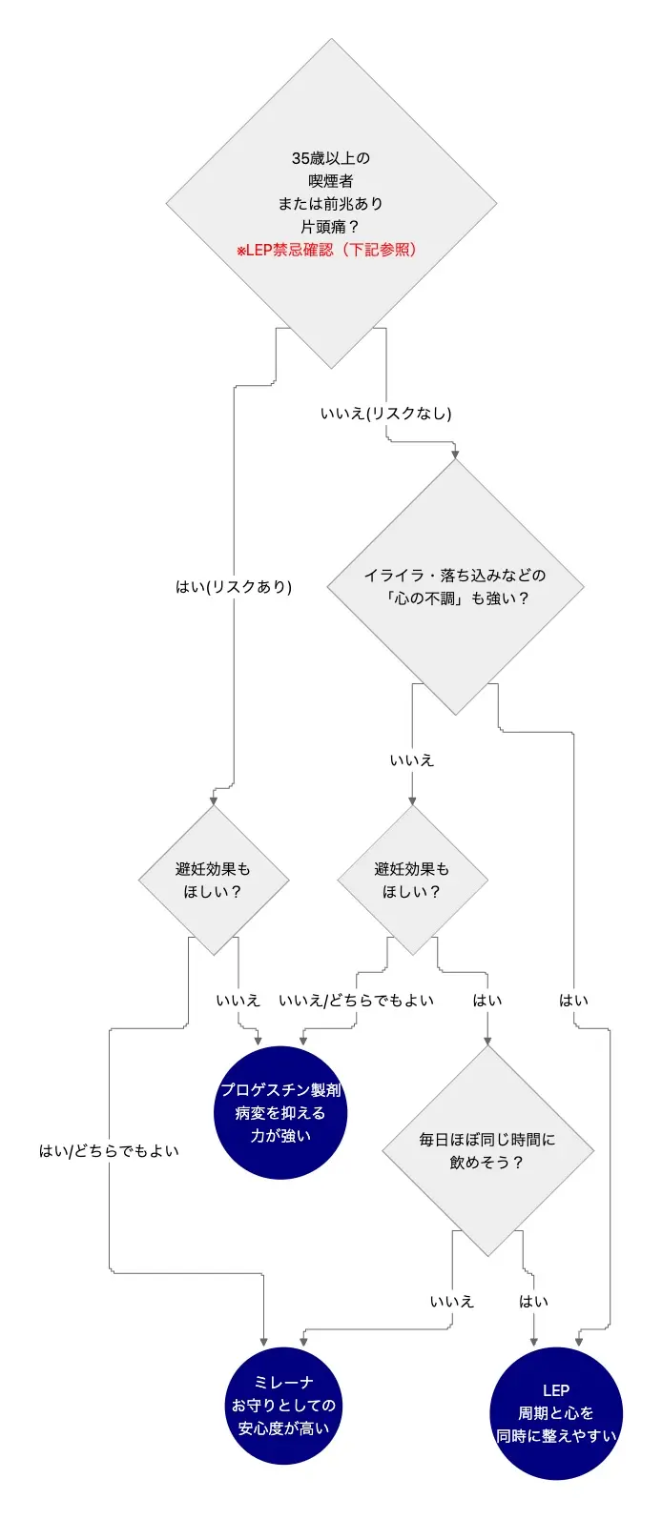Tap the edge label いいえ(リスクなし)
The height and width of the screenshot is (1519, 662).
point(386,414)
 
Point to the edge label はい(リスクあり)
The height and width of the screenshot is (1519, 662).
point(234,587)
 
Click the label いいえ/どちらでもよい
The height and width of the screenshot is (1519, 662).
point(356,1001)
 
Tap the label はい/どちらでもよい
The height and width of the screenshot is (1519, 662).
point(109,1151)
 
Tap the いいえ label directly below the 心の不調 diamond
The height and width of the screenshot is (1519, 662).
point(412,760)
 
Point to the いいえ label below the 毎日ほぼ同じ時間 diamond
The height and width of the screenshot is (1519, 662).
point(452,1302)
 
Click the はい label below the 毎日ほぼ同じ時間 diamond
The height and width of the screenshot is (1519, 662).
point(534,1302)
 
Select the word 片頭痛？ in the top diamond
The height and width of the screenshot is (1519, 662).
point(331,227)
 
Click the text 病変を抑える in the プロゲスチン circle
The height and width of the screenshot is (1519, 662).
point(280,1113)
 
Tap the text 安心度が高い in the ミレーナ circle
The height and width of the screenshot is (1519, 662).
point(283,1428)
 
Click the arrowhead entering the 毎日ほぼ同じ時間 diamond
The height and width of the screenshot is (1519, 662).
point(487,1041)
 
